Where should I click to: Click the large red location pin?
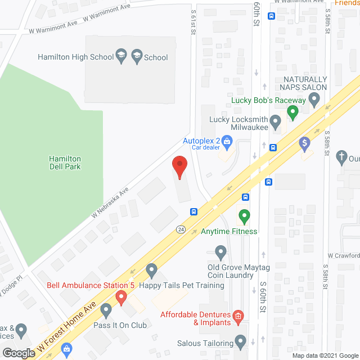pos(179,167)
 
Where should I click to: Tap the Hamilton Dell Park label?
pos(64,163)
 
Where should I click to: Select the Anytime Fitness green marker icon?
pos(244,216)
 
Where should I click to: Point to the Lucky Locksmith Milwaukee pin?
pos(275,121)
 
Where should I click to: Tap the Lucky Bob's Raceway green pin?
pos(292,112)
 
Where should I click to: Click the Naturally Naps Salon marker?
pos(314,101)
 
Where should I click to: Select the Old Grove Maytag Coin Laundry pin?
pos(220,251)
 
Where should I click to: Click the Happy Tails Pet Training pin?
pos(151,272)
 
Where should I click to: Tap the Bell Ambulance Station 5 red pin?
pos(120,296)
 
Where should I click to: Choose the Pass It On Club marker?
pos(106,310)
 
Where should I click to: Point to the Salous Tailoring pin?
pos(241,341)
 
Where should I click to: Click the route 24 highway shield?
pos(181,229)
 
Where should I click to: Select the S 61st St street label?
pos(193,22)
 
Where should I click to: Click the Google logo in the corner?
pos(19,353)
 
